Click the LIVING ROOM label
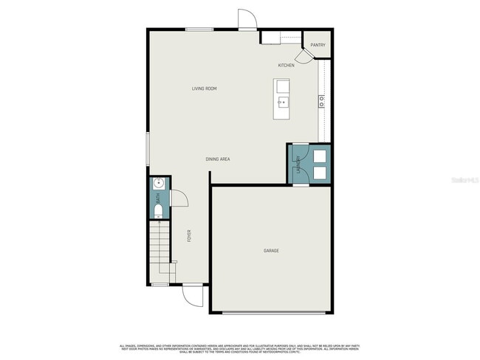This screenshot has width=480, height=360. pos(204,89)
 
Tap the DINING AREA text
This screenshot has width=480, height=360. pos(218,159)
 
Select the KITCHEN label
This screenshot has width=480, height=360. pos(286,66)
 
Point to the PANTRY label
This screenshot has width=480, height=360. pos(318,45)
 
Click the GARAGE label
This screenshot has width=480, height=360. pos(271,251)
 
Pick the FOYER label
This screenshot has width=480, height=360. pos(189,236)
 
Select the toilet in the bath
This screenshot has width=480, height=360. pos(158,212)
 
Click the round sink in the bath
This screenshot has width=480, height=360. pos(158,184)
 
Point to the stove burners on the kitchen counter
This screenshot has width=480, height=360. pos(321,102)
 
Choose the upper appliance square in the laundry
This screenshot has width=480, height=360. pos(320,156)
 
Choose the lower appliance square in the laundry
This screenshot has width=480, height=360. pos(320,173)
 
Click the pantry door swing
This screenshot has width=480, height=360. pos(302,57)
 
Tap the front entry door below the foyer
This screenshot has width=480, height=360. pos(193,296)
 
